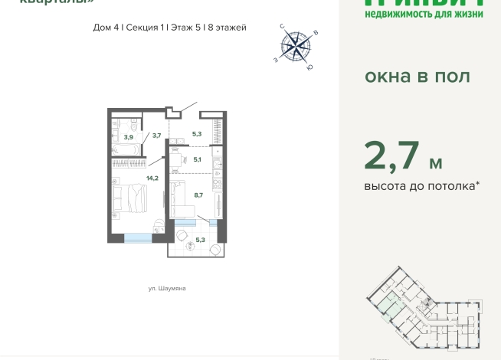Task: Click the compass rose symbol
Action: [295, 47]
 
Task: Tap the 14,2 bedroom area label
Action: [131, 178]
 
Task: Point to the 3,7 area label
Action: [156, 136]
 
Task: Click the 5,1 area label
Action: [197, 160]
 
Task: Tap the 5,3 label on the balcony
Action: [201, 240]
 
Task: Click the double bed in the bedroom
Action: [126, 198]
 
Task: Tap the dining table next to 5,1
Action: [175, 160]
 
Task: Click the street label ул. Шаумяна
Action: [168, 289]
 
